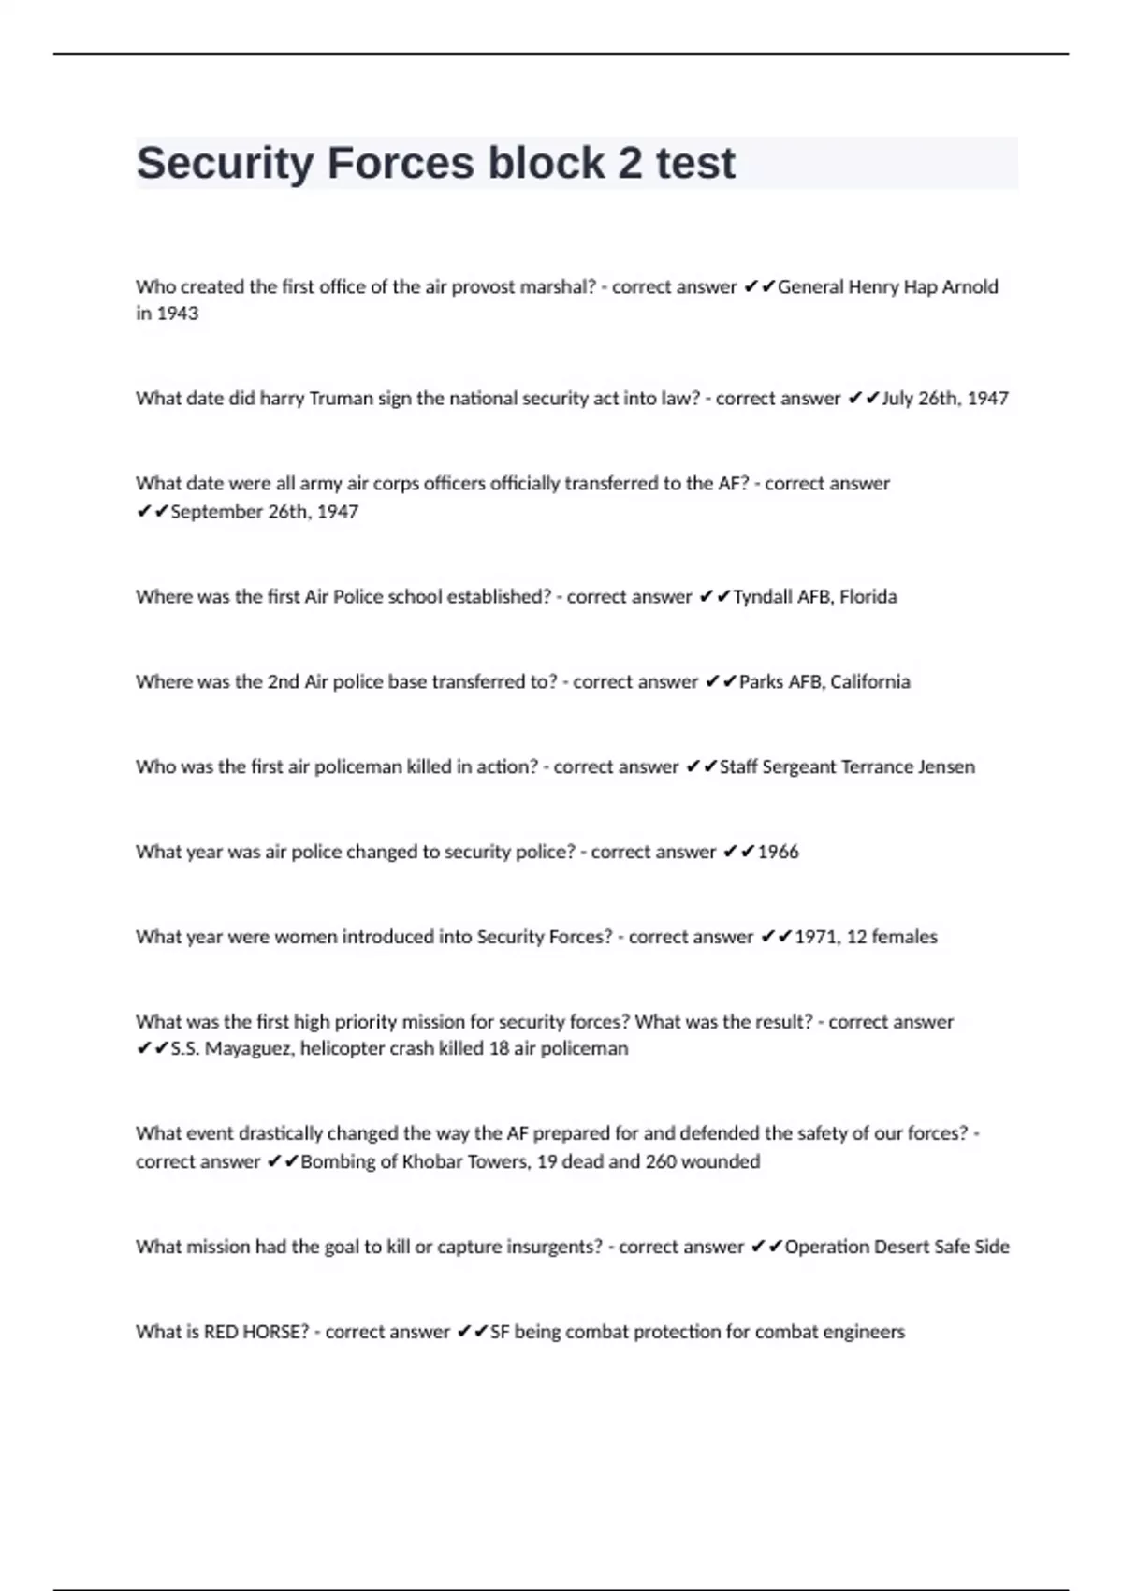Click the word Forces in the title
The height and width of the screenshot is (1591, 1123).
point(400,163)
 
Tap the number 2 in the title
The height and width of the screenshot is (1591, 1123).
point(630,163)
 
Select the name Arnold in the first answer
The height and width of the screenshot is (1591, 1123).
point(970,287)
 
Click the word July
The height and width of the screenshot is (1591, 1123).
point(897,399)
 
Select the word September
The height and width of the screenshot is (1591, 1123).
point(215,512)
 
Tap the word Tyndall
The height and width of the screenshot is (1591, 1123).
point(762,597)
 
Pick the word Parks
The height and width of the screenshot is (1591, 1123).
point(761,682)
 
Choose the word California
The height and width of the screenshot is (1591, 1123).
point(869,682)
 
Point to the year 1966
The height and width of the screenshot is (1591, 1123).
point(778,853)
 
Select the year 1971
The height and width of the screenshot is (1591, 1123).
point(816,938)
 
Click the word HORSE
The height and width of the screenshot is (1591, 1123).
point(274,1333)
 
